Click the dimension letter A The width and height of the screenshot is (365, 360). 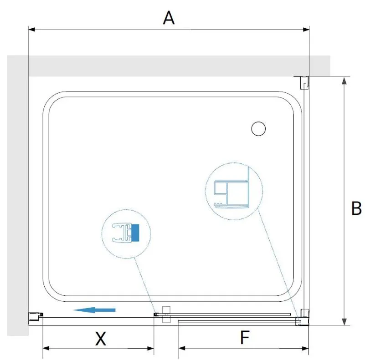169,18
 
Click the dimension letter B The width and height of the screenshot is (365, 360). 356,208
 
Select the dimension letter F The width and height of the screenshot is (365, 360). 245,337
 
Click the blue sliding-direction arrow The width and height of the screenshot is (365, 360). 94,310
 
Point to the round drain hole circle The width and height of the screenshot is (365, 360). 258,129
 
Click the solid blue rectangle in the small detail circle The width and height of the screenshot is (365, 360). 135,233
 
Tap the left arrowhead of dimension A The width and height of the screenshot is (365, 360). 31,30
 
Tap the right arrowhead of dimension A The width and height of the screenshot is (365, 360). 306,30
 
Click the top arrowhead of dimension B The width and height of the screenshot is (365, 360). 344,81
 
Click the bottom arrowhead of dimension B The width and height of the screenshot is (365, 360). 344,322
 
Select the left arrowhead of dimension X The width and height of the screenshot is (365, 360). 46,348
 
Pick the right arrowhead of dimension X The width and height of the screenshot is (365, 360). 151,348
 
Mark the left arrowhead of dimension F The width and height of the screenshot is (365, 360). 181,348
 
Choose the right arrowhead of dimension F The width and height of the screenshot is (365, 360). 305,348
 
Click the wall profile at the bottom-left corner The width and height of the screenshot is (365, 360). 36,316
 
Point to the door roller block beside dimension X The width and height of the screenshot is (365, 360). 166,314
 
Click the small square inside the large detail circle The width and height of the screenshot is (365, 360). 221,188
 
